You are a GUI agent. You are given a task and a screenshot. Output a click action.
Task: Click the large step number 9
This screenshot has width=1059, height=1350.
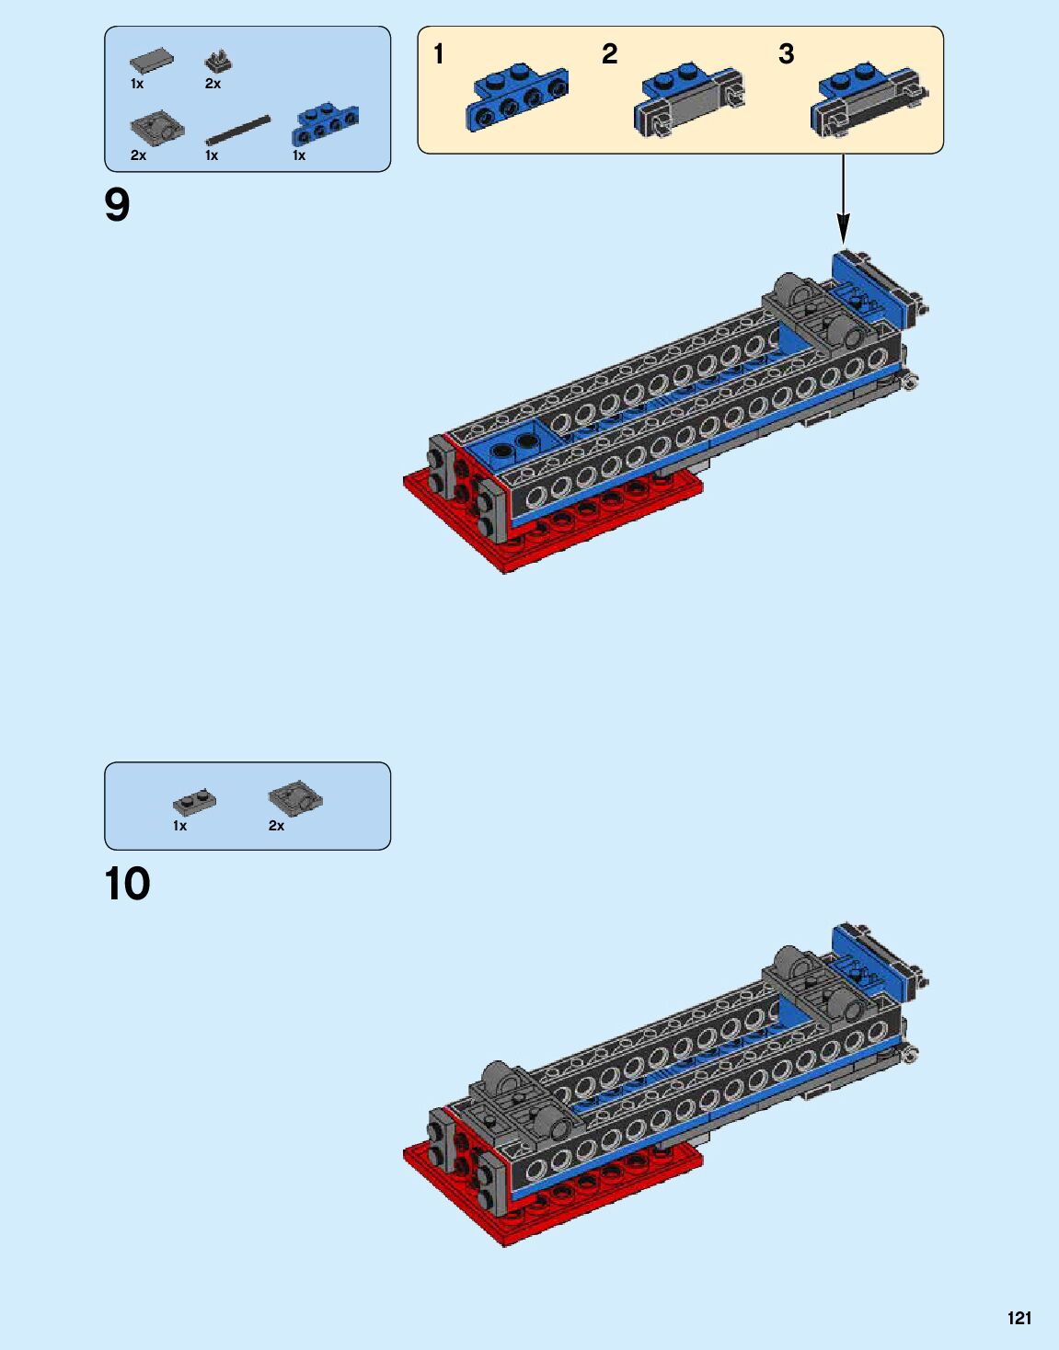pyautogui.click(x=118, y=205)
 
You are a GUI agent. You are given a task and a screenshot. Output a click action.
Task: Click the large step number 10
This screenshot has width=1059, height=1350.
pyautogui.click(x=128, y=885)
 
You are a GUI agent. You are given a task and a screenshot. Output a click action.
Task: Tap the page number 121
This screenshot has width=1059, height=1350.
pyautogui.click(x=1019, y=1319)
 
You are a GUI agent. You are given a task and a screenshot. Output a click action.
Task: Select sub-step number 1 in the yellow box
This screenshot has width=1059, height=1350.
pyautogui.click(x=439, y=55)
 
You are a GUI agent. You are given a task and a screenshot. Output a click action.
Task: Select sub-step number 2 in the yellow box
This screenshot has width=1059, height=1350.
pyautogui.click(x=609, y=55)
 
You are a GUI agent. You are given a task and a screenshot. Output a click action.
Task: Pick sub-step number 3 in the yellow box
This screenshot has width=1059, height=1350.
pyautogui.click(x=786, y=55)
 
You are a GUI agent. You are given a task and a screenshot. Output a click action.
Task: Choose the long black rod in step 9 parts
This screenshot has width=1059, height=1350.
pyautogui.click(x=238, y=130)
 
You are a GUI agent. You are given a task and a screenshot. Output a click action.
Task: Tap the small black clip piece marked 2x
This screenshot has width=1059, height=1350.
pyautogui.click(x=218, y=63)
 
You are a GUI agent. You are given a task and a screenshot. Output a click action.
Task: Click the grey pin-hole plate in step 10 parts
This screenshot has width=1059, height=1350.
pyautogui.click(x=294, y=797)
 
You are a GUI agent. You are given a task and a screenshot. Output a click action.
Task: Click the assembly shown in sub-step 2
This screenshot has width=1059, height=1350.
pyautogui.click(x=688, y=99)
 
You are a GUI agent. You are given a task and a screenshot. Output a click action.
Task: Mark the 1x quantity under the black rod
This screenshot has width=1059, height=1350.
pyautogui.click(x=212, y=155)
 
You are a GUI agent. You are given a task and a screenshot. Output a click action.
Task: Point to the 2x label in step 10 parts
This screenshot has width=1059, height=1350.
pyautogui.click(x=276, y=826)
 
